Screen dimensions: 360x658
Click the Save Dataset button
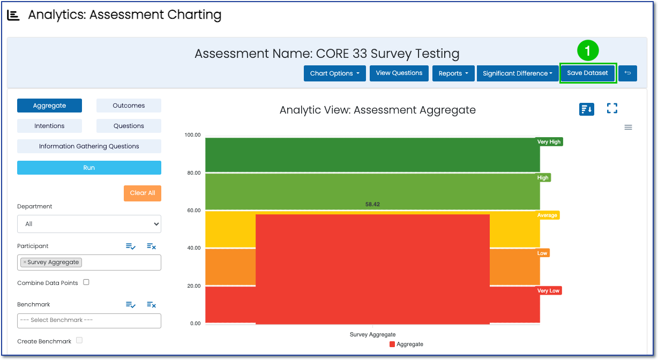click(587, 73)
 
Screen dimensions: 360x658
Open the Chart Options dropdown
click(335, 73)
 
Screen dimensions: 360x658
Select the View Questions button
click(399, 73)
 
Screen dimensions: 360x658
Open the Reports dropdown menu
click(453, 73)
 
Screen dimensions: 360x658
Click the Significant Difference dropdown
click(518, 73)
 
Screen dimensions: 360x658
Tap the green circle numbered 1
click(587, 51)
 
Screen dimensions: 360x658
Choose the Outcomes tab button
click(129, 106)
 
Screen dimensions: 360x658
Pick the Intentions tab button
click(49, 126)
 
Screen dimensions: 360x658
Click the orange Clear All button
click(143, 193)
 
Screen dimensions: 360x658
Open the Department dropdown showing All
click(89, 224)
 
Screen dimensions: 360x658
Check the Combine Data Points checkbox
click(86, 282)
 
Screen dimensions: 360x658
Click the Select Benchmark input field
click(89, 320)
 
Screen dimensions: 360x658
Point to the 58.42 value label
click(372, 204)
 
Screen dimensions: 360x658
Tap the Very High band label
click(549, 142)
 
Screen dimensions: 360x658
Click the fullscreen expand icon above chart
click(612, 109)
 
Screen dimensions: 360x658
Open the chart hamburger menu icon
click(629, 127)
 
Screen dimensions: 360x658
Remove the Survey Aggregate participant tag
click(25, 262)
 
